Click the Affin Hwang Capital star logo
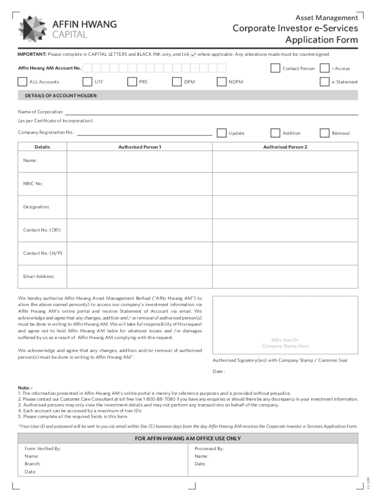pyautogui.click(x=33, y=29)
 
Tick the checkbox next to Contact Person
pyautogui.click(x=275, y=68)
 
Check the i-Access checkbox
pyautogui.click(x=325, y=68)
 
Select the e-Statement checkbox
pyautogui.click(x=325, y=82)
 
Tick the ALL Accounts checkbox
pyautogui.click(x=22, y=82)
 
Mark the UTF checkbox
pyautogui.click(x=87, y=82)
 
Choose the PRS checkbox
pyautogui.click(x=132, y=82)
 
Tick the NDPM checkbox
pyautogui.click(x=222, y=82)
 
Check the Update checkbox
pyautogui.click(x=222, y=133)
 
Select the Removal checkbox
pyautogui.click(x=325, y=133)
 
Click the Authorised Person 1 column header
pyautogui.click(x=140, y=147)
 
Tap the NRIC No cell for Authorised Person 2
pyautogui.click(x=285, y=183)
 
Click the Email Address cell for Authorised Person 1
pyautogui.click(x=140, y=276)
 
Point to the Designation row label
pyautogui.click(x=37, y=207)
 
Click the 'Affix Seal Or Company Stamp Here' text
pyautogui.click(x=285, y=343)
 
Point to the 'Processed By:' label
pyautogui.click(x=209, y=448)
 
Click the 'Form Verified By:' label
pyautogui.click(x=42, y=448)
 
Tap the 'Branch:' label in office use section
pyautogui.click(x=32, y=463)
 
